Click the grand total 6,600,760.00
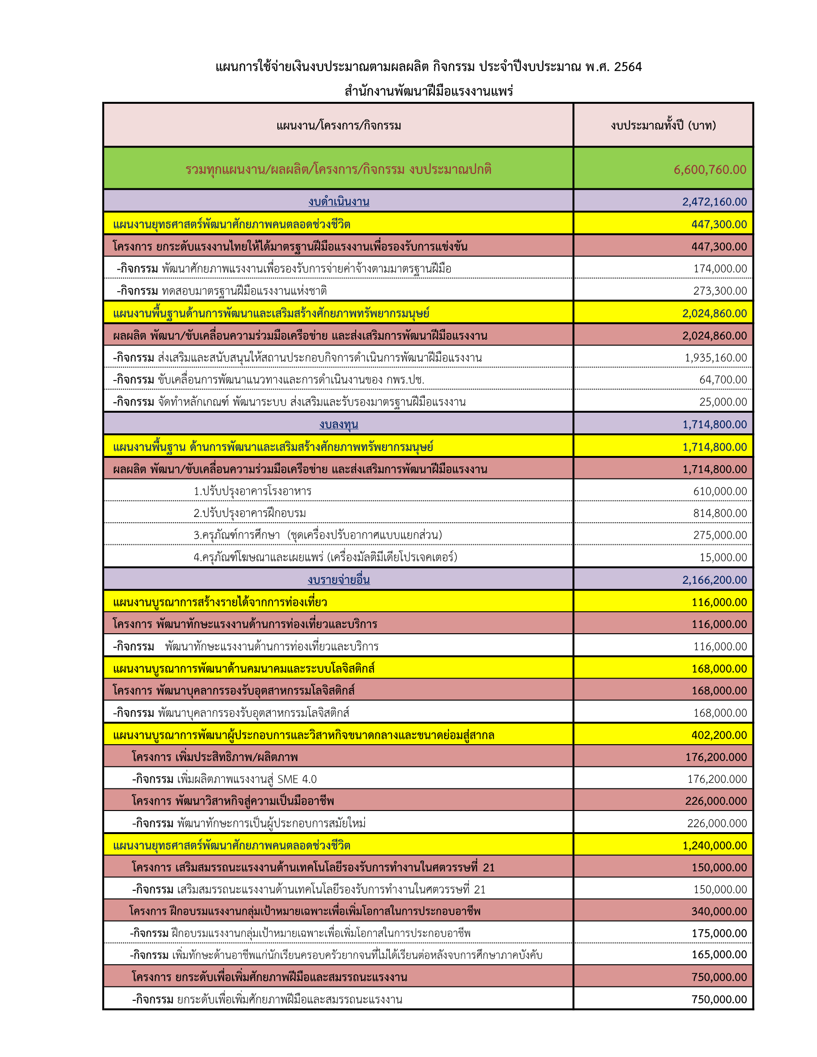(x=709, y=170)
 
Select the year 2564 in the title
(x=628, y=67)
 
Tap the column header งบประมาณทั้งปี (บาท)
(x=663, y=125)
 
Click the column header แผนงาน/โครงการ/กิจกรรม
(x=338, y=125)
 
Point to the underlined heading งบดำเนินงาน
(x=338, y=201)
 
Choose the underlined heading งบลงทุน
(x=338, y=424)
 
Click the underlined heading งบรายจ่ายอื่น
(x=338, y=579)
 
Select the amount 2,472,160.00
(x=714, y=201)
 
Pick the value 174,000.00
(x=720, y=268)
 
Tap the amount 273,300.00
(x=720, y=290)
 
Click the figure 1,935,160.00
(x=716, y=357)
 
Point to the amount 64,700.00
(x=723, y=380)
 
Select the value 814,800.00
(x=720, y=513)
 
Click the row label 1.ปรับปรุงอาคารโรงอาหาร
(x=252, y=491)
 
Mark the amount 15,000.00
(x=723, y=557)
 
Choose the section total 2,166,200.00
(x=714, y=579)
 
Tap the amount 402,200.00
(x=719, y=735)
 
